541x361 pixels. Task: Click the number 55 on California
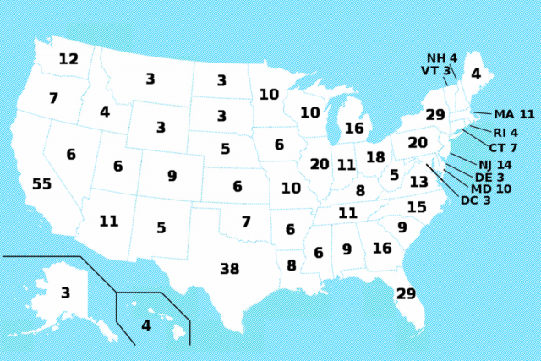(x=41, y=184)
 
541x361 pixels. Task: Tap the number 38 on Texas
(x=229, y=269)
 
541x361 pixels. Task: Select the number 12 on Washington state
(x=68, y=59)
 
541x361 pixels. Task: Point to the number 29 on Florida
(x=406, y=293)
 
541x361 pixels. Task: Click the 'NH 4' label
(x=441, y=57)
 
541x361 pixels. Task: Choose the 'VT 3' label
(x=436, y=70)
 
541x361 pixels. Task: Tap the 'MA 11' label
(x=515, y=114)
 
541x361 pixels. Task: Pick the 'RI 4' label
(x=505, y=132)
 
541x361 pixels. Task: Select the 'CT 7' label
(x=503, y=148)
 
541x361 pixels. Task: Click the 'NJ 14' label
(x=495, y=164)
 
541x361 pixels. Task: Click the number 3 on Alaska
(x=65, y=293)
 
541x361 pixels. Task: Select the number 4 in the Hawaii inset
(x=145, y=325)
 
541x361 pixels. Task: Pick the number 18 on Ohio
(x=375, y=157)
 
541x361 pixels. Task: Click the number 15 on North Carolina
(x=417, y=207)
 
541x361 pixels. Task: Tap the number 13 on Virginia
(x=419, y=182)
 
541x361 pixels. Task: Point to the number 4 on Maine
(x=475, y=74)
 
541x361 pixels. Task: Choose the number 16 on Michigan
(x=353, y=129)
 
